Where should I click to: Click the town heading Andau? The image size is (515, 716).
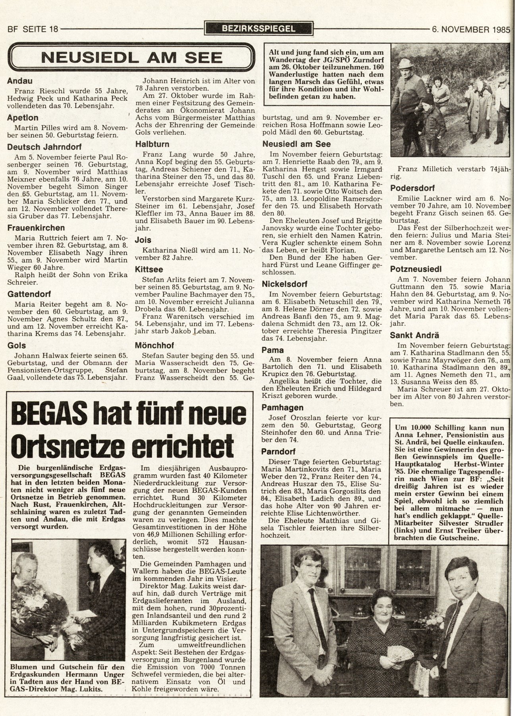tap(19, 81)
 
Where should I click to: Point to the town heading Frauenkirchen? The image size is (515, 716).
tap(36, 228)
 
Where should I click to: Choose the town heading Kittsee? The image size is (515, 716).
tap(149, 269)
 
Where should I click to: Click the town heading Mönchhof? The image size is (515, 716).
tap(155, 345)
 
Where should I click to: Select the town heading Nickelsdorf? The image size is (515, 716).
tap(285, 284)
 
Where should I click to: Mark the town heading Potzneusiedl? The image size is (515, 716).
tap(416, 269)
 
